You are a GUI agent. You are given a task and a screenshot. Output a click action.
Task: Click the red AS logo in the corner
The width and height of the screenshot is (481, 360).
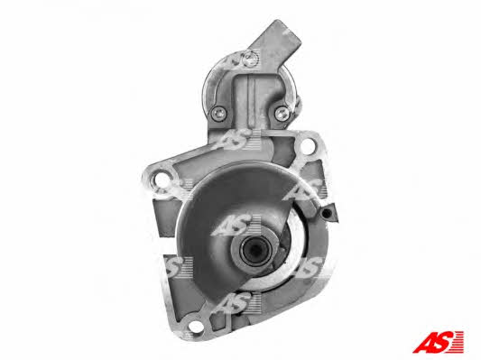(x=438, y=341)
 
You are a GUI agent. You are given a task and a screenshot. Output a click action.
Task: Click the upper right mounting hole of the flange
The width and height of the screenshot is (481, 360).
(x=307, y=146)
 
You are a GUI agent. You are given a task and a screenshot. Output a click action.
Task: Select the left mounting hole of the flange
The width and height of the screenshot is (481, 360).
(x=162, y=180)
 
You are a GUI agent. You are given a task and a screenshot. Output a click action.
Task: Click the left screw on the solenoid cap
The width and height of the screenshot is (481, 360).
(x=219, y=113)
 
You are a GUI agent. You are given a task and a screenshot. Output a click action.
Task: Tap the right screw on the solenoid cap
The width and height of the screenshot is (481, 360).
(x=282, y=113)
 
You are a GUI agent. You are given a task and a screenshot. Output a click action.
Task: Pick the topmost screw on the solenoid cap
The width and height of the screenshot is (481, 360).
(x=251, y=58)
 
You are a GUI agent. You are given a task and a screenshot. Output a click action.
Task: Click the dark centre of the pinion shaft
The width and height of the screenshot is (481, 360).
(x=255, y=252)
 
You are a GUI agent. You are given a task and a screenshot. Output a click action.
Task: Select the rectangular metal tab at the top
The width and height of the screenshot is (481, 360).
(x=275, y=40)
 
